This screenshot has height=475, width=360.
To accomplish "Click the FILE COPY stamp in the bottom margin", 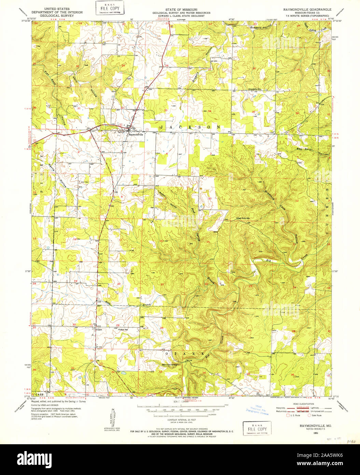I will [x=257, y=429].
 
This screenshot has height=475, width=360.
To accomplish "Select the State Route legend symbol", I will [x=309, y=415].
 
